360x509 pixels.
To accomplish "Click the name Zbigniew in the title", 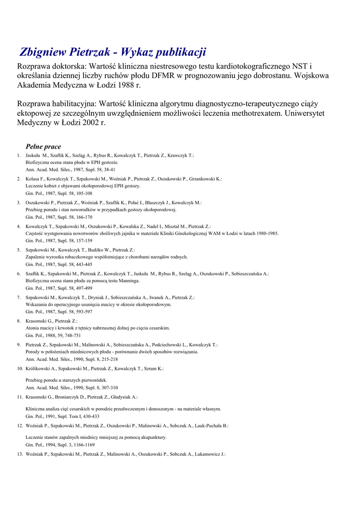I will point(45,52).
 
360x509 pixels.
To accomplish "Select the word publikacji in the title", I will point(180,52).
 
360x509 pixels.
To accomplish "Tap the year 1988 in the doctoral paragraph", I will point(127,85).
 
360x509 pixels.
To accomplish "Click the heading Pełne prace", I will point(43,147).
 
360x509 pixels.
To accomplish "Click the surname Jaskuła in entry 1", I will point(34,156).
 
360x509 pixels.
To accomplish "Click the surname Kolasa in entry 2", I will point(33,179).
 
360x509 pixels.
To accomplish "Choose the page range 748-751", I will point(74,336).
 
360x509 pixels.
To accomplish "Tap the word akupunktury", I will point(150,437).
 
